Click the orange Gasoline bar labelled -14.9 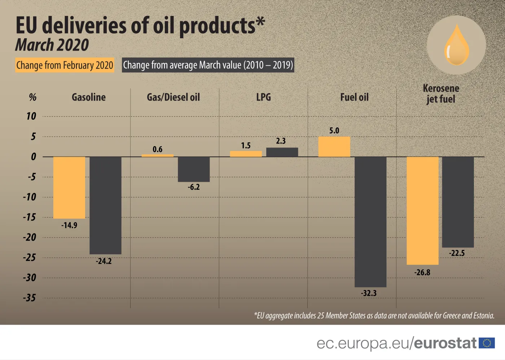(69, 188)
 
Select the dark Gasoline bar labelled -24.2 (105, 205)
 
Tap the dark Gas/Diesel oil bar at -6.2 (194, 169)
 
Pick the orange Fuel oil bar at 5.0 (334, 147)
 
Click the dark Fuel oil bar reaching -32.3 (370, 222)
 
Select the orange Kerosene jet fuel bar (422, 211)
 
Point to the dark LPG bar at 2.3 (282, 152)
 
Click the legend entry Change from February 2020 (65, 65)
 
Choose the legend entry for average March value (208, 65)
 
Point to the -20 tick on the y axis (30, 237)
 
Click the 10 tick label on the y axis (31, 116)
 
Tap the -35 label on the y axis (30, 298)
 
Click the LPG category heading (263, 97)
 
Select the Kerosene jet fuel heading (441, 93)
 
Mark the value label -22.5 (457, 253)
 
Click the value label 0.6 (157, 149)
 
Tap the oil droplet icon (456, 45)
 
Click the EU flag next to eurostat (487, 343)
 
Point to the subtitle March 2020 (52, 45)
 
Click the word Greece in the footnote (452, 316)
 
